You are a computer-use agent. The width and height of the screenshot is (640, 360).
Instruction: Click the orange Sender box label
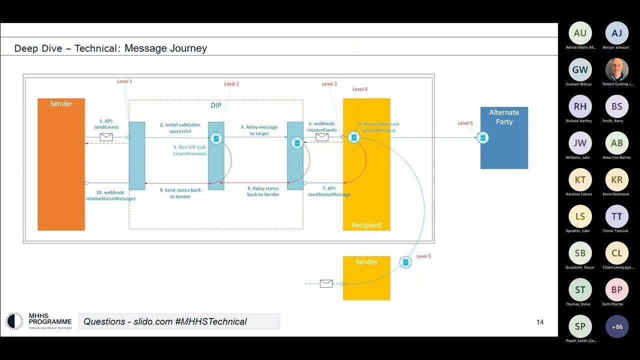point(61,104)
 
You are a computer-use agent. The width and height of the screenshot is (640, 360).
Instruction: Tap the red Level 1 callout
point(124,81)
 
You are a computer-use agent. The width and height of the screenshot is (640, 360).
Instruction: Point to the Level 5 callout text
point(423,256)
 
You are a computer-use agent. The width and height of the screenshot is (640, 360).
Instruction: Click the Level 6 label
point(465,123)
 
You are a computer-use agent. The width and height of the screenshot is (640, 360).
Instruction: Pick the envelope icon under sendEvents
point(106,137)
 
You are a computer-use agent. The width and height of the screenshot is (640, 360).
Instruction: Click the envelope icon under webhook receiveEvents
point(322,136)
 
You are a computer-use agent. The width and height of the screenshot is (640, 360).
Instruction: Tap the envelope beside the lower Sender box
point(326,283)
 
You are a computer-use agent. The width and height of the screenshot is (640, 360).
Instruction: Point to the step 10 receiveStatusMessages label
point(110,195)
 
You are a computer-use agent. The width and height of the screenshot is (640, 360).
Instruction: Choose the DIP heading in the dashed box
point(215,106)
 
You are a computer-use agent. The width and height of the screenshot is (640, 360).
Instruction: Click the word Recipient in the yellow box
point(366,225)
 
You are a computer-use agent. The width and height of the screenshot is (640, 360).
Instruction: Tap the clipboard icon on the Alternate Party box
point(482,137)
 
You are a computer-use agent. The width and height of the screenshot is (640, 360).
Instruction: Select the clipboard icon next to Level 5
point(405,262)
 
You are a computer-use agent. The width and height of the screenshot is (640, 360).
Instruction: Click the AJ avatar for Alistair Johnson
point(616,33)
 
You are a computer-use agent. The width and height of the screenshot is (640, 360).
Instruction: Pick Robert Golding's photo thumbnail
point(616,70)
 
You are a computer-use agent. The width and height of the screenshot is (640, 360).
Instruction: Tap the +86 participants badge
point(616,326)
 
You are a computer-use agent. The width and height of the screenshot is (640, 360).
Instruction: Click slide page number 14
point(540,322)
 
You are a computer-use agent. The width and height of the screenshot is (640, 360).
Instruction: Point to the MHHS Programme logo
point(38,321)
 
